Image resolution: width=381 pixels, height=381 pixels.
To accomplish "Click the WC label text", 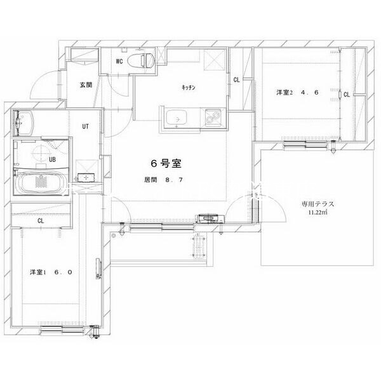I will tap(119, 62).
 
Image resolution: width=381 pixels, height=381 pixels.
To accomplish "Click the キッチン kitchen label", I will tap(187, 88).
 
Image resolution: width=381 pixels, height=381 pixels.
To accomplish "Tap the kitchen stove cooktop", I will tap(211, 117).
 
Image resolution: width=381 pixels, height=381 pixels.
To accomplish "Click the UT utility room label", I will tap(85, 126).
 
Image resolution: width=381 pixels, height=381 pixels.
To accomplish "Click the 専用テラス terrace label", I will tap(317, 204).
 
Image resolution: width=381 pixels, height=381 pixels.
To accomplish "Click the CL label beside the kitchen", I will tap(236, 80).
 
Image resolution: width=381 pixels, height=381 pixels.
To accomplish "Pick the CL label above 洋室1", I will tap(40, 220).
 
